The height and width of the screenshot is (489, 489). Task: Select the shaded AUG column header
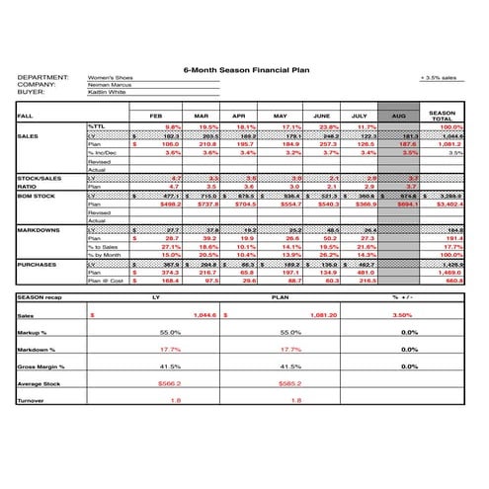(398, 116)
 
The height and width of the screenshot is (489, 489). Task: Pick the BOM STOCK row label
(38, 196)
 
